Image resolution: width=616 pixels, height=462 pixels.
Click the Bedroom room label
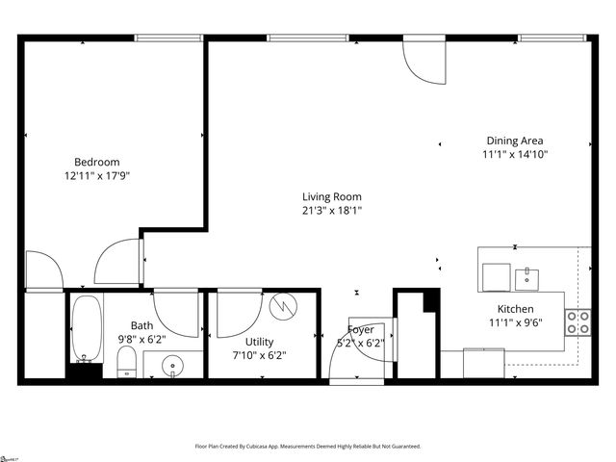click(97, 162)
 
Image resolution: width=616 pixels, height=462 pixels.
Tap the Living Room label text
click(332, 196)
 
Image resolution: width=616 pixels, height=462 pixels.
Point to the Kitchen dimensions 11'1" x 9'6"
click(516, 322)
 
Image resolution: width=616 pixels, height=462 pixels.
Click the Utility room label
click(259, 342)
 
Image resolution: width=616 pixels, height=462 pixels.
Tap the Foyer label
click(361, 329)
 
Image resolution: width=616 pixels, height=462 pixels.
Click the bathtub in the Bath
click(86, 328)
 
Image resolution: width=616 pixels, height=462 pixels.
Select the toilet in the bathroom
click(126, 363)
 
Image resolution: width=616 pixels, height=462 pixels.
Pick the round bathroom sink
click(173, 366)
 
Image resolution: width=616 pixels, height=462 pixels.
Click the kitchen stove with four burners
click(577, 322)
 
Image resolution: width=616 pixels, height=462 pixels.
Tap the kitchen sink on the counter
click(526, 279)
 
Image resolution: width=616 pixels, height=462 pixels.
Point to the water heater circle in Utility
click(283, 306)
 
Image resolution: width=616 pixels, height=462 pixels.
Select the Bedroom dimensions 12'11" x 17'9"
click(97, 177)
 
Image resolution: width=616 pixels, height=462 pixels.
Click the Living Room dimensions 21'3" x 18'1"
click(332, 211)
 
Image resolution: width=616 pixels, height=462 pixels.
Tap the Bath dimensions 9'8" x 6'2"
click(142, 339)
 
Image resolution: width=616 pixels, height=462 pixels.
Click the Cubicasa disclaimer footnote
click(308, 447)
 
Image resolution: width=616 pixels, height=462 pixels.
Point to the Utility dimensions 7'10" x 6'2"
click(259, 355)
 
